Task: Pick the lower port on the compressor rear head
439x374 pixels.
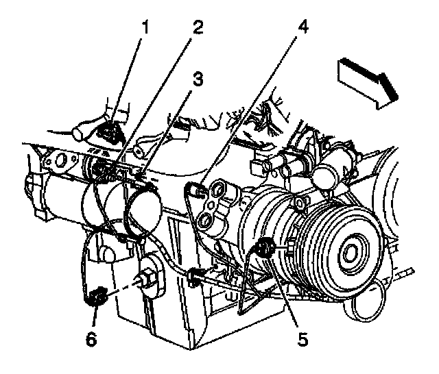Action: [204, 221]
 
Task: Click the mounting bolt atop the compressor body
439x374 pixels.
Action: [300, 203]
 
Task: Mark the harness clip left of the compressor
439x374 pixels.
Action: [195, 277]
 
